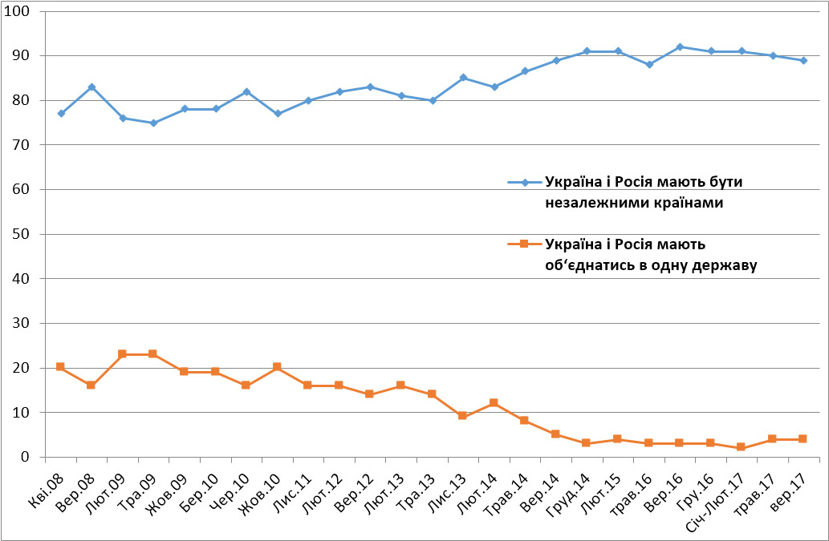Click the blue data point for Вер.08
pos(92,87)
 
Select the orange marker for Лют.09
pos(123,353)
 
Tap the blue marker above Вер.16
pos(680,46)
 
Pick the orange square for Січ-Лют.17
pos(742,447)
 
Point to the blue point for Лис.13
pos(463,78)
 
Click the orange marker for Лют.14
pos(494,402)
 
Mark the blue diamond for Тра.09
pos(153,123)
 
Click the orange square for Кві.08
pos(61,367)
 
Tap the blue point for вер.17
pos(803,60)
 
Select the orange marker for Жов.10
pos(278,367)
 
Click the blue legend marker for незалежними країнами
pos(525,182)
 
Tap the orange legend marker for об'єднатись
pos(525,243)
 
